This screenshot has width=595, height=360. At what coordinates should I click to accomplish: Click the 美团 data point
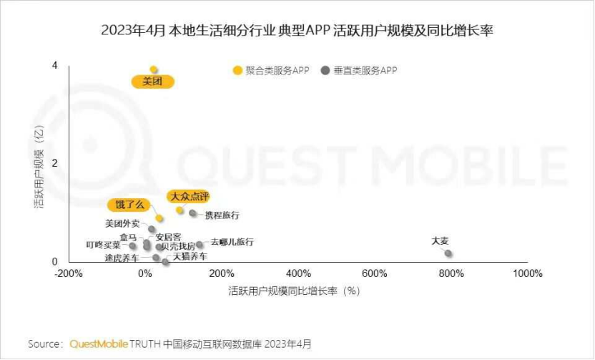(x=153, y=69)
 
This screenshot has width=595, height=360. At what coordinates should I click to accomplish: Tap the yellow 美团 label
(x=153, y=82)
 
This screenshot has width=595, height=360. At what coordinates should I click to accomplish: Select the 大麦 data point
(x=448, y=253)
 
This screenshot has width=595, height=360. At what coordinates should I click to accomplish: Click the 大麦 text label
(x=440, y=241)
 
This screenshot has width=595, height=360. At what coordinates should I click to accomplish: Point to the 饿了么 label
(x=129, y=205)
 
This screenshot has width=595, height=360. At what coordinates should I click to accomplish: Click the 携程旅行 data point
(x=192, y=213)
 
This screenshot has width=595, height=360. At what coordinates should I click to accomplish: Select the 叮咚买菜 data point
(x=132, y=246)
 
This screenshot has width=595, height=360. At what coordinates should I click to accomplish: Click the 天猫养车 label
(x=190, y=256)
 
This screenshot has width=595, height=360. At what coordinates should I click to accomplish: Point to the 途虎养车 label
(x=122, y=258)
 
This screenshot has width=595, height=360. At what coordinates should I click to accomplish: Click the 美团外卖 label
(x=122, y=223)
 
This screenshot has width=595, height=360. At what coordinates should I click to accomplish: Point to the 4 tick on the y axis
(x=54, y=65)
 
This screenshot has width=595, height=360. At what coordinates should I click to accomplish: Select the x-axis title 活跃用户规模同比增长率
(x=293, y=291)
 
